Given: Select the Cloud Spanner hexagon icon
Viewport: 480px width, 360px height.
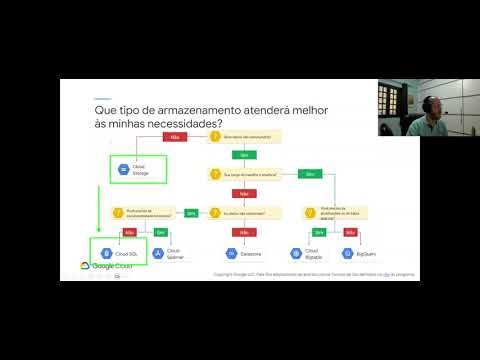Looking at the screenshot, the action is (x=158, y=254).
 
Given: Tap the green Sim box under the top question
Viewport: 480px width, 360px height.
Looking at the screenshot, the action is (x=241, y=154).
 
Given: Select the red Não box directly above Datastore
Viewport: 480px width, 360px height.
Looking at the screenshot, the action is (x=241, y=232).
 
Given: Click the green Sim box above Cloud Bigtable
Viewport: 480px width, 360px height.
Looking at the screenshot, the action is (x=319, y=232).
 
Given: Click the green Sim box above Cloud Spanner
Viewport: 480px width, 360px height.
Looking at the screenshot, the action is (x=162, y=232).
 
